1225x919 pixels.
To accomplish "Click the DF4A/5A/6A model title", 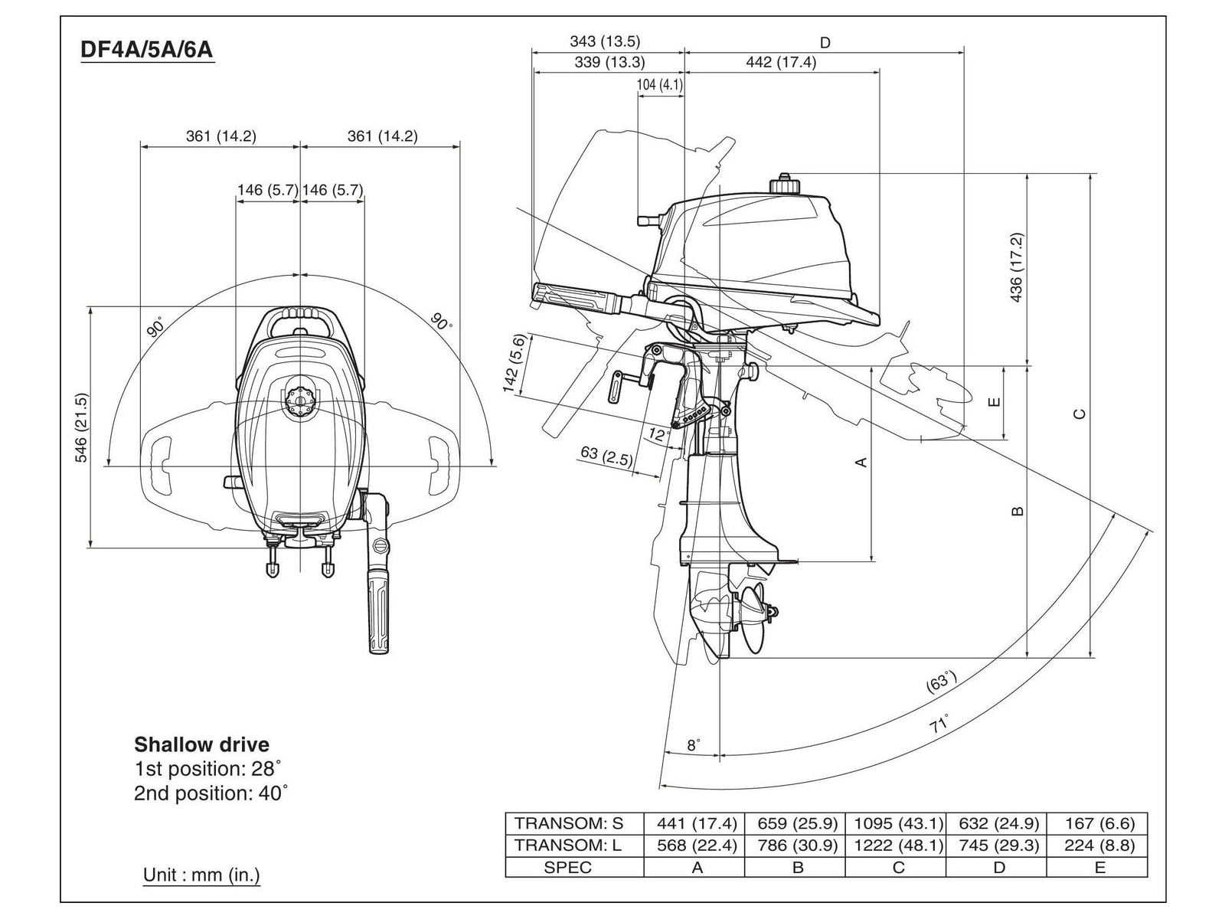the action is (x=147, y=50).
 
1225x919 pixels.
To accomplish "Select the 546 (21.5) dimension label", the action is (x=81, y=427).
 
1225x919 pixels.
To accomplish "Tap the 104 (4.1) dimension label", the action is (x=660, y=85).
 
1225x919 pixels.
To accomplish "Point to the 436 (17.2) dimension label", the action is (x=1016, y=267).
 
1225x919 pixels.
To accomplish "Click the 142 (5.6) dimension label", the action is (x=515, y=363).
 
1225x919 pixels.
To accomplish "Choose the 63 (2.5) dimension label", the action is (x=606, y=456).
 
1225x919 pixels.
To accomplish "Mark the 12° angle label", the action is (x=659, y=434).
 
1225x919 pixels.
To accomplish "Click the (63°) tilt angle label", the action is (x=942, y=682).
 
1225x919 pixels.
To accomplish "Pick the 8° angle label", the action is (x=693, y=745).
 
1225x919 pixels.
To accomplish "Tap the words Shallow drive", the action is (x=201, y=744).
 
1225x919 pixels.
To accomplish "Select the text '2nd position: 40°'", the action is (x=211, y=793).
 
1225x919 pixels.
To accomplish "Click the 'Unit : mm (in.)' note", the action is (x=201, y=875).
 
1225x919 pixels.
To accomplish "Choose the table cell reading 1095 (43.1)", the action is (x=898, y=823).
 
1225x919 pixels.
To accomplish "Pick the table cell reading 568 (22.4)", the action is (x=697, y=845).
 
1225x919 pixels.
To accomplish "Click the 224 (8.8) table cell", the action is (x=1099, y=845).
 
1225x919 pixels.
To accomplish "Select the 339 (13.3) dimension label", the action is (x=609, y=62).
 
